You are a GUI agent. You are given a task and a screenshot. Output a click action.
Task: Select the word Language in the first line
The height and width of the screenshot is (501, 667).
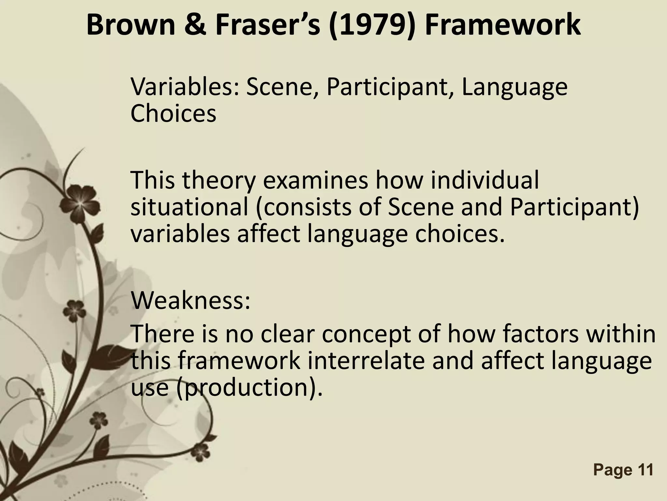pyautogui.click(x=515, y=87)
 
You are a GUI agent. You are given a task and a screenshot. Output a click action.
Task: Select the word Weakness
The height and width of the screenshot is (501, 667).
pyautogui.click(x=191, y=300)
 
